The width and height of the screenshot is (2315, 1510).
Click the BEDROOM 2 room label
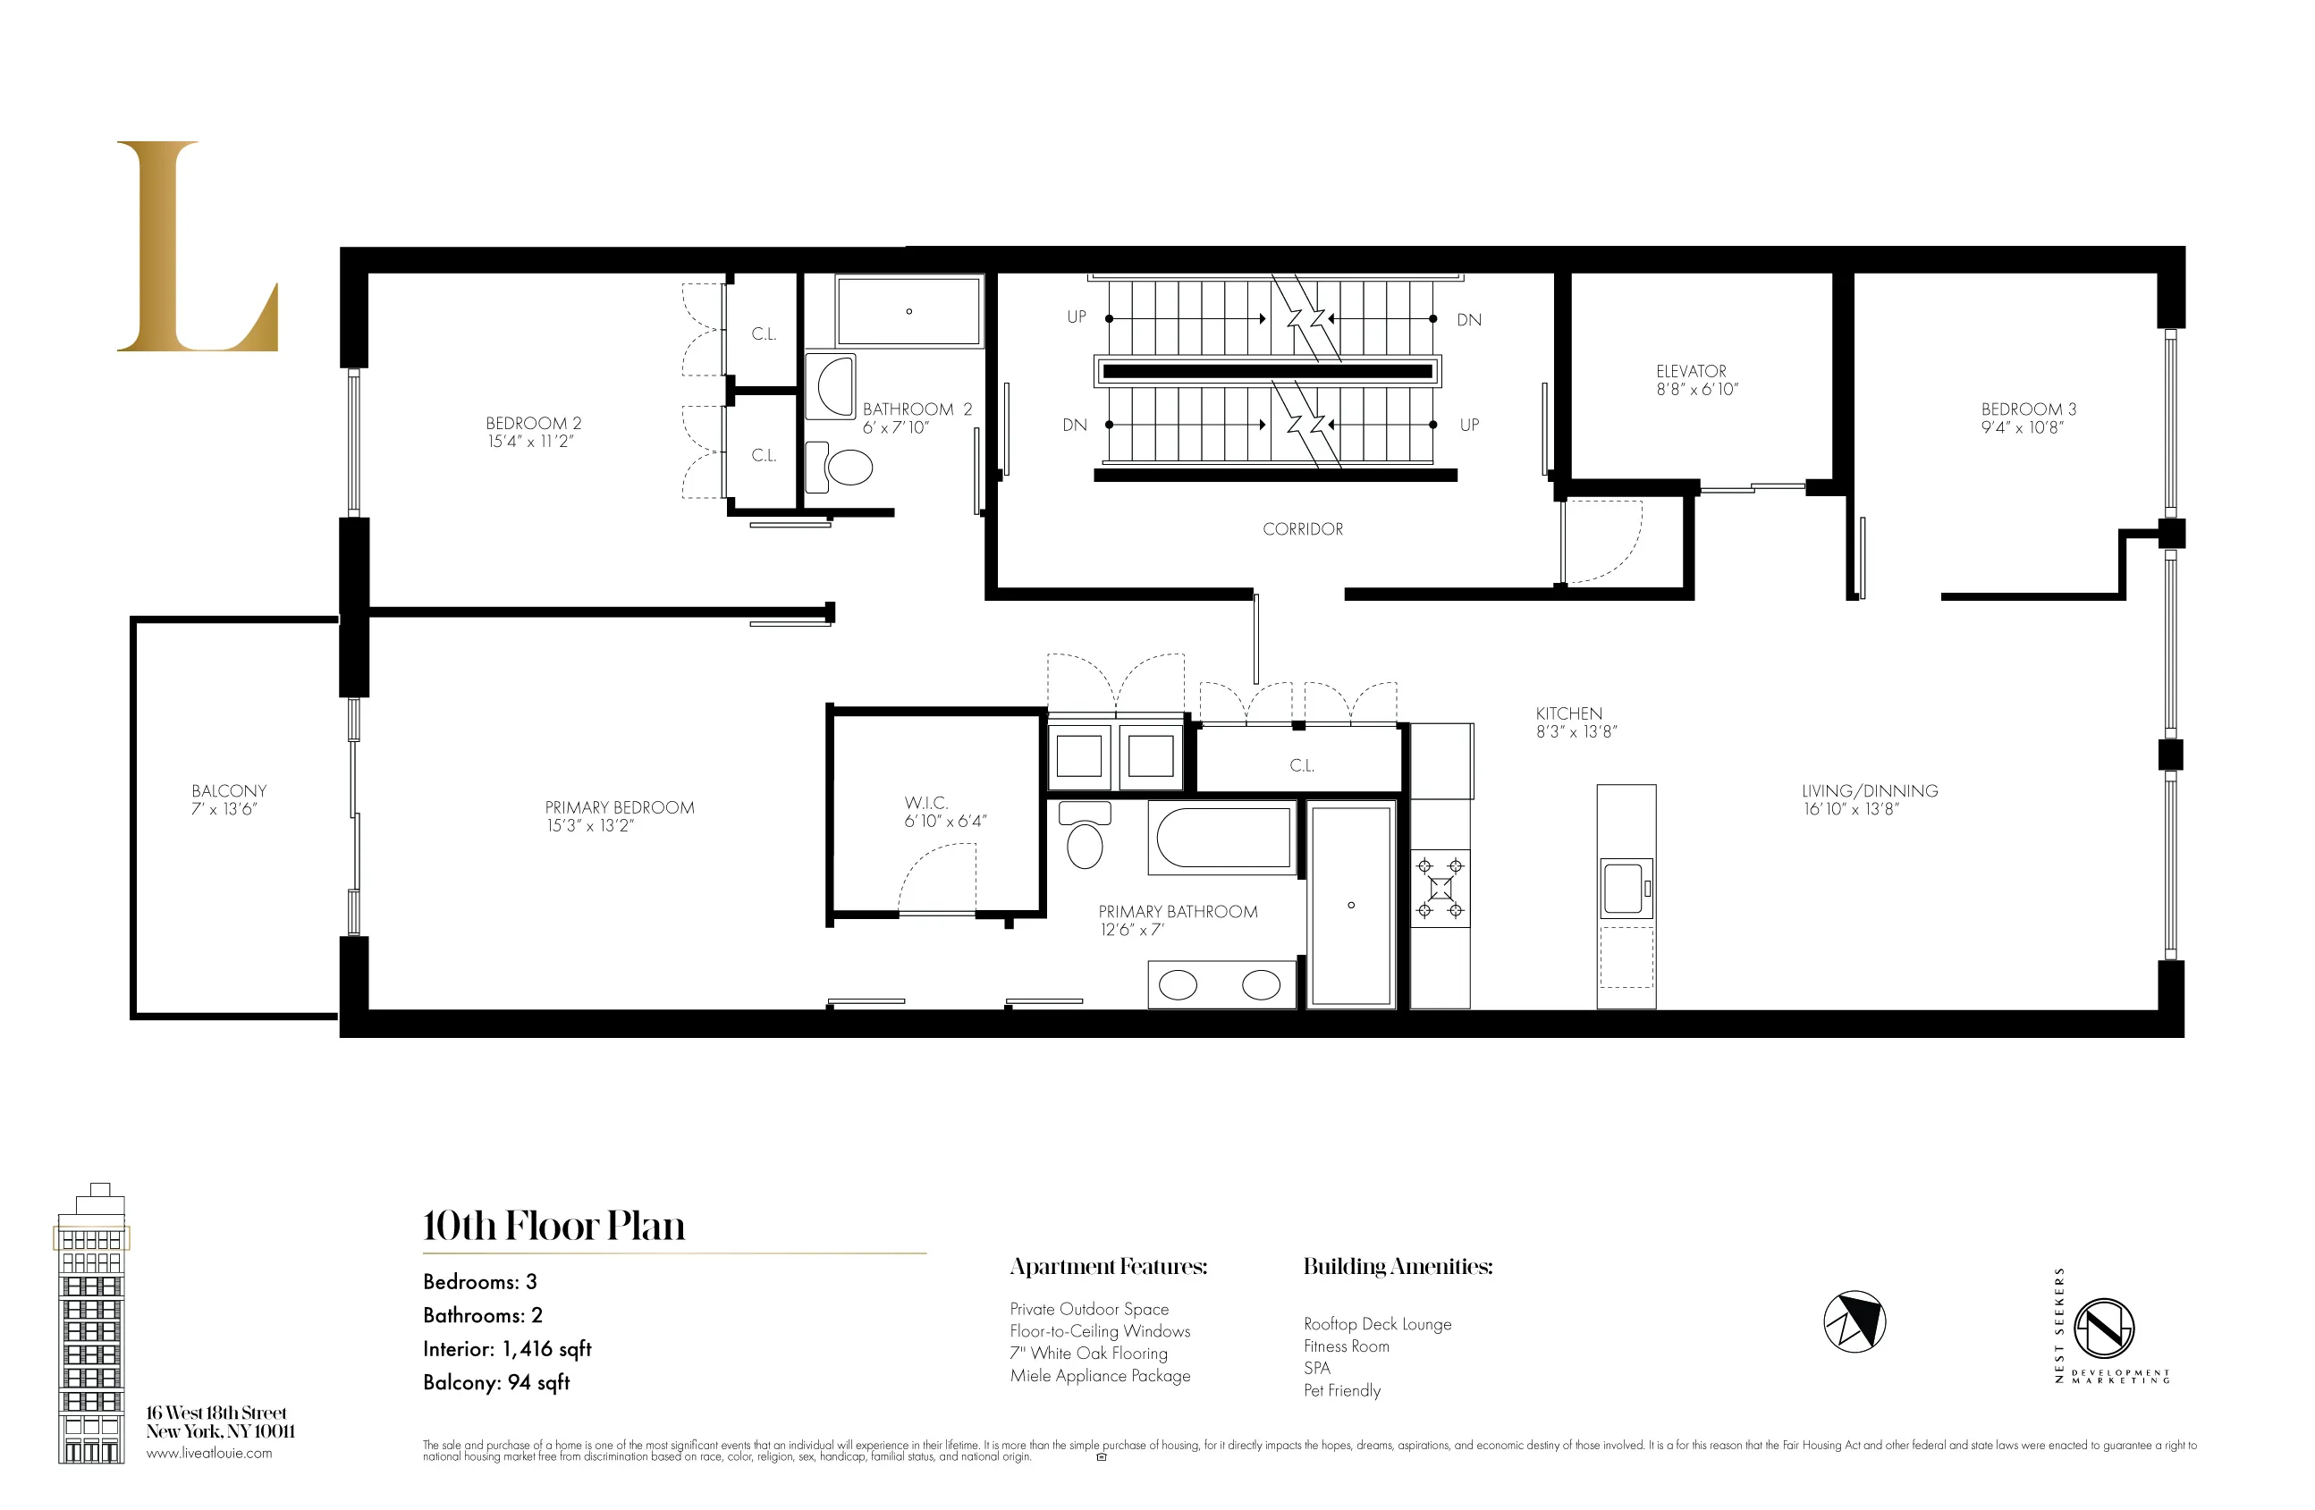[x=533, y=424]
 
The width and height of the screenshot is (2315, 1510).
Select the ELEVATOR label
[x=1691, y=371]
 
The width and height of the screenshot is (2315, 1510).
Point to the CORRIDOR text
[x=1303, y=530]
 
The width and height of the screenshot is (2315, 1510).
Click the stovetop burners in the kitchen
[x=1440, y=888]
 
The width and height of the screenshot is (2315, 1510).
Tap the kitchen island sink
[x=1624, y=887]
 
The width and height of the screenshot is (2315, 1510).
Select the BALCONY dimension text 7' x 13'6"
[x=224, y=809]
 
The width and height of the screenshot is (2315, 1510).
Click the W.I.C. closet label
[x=926, y=803]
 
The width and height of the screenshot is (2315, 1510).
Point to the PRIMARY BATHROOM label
[x=1177, y=912]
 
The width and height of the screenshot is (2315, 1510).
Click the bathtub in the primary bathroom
[x=1222, y=837]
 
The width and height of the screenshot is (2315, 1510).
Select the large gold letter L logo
[x=198, y=247]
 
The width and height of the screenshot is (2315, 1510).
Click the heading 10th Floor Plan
[x=553, y=1226]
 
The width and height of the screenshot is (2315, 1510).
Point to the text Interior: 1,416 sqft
[x=507, y=1350]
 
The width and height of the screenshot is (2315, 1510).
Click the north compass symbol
[x=1854, y=1322]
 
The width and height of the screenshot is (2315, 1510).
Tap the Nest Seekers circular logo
[x=2104, y=1329]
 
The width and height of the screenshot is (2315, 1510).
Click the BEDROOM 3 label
[x=2028, y=409]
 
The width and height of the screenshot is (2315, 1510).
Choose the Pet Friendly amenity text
[x=1341, y=1390]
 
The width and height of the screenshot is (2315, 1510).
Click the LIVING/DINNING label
[x=1869, y=791]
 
